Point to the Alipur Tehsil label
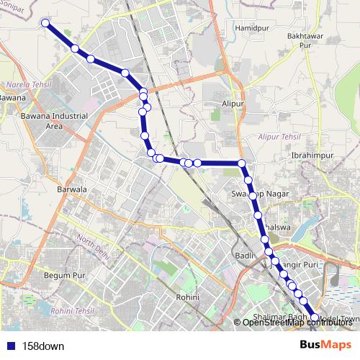278,135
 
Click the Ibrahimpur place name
310,155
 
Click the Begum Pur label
66,275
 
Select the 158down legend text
43,346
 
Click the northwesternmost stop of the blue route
45,23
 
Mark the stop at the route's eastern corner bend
242,163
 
